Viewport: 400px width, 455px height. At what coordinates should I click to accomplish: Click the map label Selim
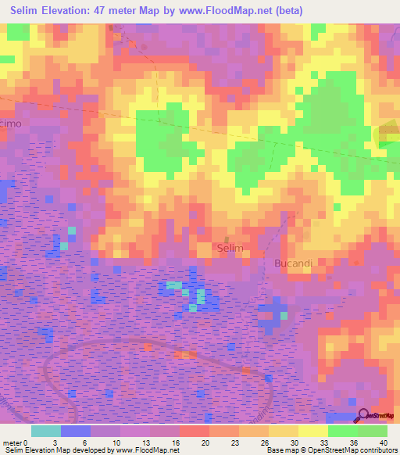click(x=230, y=248)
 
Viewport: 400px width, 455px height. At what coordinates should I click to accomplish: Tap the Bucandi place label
click(x=293, y=263)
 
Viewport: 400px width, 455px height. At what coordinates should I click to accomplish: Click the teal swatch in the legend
click(x=45, y=431)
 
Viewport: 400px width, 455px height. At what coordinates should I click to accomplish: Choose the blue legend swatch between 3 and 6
click(x=76, y=431)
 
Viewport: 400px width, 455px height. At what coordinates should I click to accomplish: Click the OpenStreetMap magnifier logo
click(x=362, y=416)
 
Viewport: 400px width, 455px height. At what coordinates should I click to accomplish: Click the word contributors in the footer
click(x=377, y=450)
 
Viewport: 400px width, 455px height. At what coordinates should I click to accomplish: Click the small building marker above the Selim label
click(x=227, y=238)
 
